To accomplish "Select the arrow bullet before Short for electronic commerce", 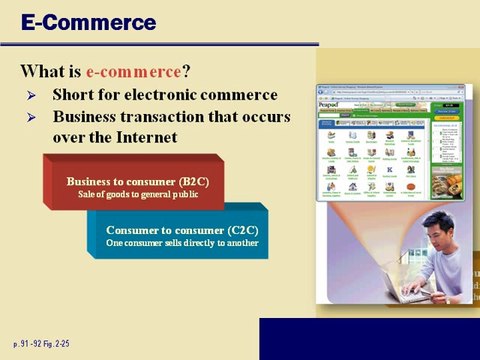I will click(x=31, y=96).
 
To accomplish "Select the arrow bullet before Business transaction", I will click(x=31, y=117).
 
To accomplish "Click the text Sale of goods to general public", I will click(x=131, y=193).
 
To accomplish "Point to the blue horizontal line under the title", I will click(x=160, y=44).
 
